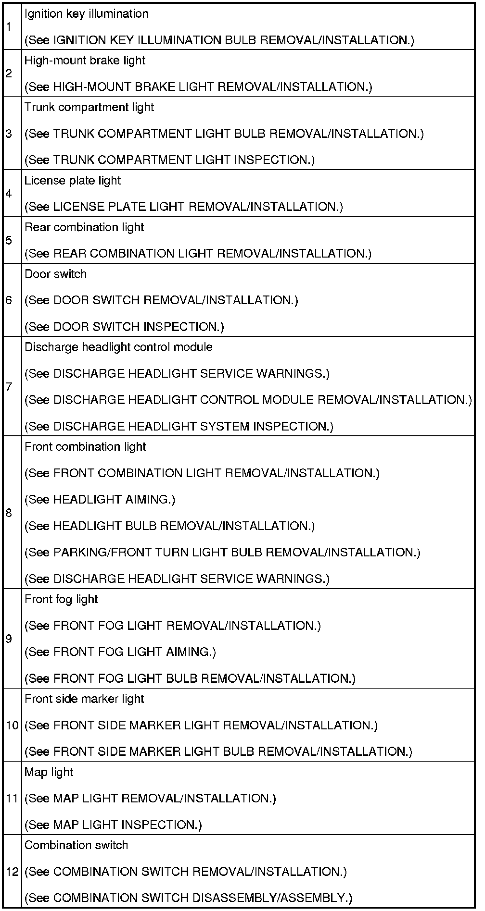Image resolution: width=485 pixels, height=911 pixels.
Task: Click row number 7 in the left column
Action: click(x=9, y=386)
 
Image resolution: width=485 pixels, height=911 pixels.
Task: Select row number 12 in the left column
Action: click(x=12, y=871)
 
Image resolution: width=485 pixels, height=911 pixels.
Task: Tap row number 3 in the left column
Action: click(x=9, y=133)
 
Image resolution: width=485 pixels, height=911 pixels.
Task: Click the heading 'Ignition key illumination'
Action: click(x=86, y=14)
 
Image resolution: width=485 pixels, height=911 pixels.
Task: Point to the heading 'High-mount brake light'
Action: click(x=85, y=61)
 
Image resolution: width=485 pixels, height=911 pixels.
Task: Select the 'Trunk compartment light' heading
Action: click(x=89, y=107)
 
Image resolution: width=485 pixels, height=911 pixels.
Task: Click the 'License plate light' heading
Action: click(x=73, y=181)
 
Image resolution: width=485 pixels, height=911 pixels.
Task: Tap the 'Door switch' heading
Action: click(x=56, y=274)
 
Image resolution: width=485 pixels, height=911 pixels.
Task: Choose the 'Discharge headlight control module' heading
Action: click(x=118, y=347)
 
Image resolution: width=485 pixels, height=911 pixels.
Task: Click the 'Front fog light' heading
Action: click(x=61, y=599)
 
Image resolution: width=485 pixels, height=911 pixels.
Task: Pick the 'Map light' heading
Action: click(x=49, y=772)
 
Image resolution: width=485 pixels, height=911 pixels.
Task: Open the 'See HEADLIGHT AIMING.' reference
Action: click(x=100, y=500)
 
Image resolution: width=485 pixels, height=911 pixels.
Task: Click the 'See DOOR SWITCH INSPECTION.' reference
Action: click(x=124, y=327)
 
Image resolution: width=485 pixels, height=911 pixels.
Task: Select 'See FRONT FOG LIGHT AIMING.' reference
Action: click(x=120, y=652)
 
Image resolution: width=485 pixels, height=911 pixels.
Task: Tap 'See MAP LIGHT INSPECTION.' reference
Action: click(x=113, y=825)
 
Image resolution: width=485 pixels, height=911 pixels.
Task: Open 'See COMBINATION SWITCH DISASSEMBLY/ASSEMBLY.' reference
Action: click(x=188, y=898)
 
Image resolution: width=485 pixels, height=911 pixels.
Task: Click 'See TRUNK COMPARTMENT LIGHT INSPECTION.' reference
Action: click(x=169, y=160)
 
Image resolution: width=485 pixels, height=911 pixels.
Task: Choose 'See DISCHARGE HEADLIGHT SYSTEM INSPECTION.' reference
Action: click(x=179, y=426)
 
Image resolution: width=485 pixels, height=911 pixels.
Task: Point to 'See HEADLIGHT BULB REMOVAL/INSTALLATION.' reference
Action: click(x=170, y=526)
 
